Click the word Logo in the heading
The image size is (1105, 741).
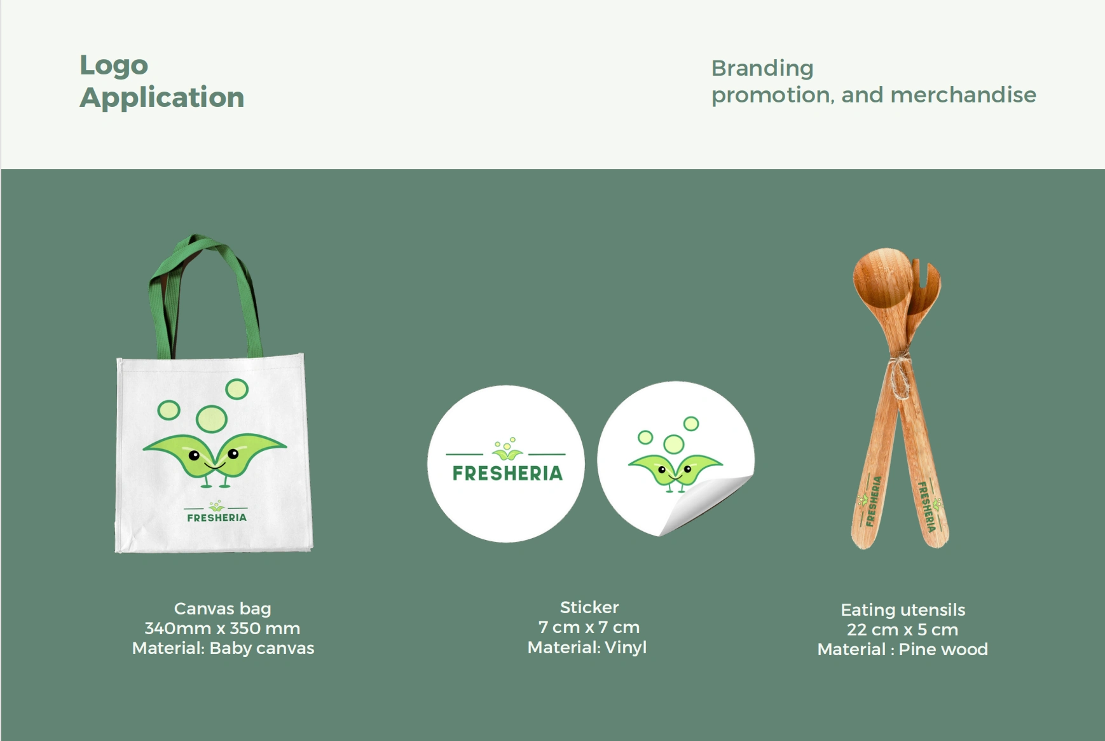[x=114, y=66]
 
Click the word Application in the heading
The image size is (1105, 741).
[x=162, y=98]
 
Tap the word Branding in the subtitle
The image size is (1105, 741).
[x=762, y=69]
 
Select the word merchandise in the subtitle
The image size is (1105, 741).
[x=964, y=95]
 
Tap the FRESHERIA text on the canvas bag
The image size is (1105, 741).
[x=217, y=518]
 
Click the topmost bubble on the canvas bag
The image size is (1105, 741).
[x=237, y=389]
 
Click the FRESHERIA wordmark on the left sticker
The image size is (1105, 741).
[x=507, y=473]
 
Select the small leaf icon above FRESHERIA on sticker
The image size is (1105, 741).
[x=507, y=449]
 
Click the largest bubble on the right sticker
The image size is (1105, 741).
[x=673, y=444]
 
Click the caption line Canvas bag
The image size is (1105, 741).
[x=223, y=609]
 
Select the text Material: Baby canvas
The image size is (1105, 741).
[x=223, y=648]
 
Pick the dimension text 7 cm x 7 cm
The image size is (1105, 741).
[x=589, y=627]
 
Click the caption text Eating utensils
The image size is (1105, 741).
[x=903, y=610]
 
